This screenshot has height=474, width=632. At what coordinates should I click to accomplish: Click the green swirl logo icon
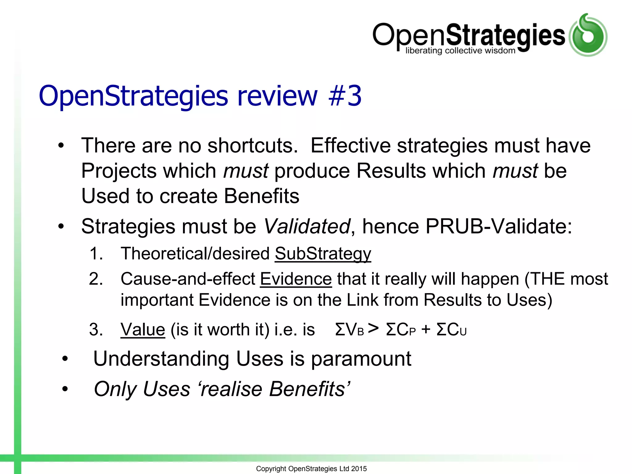(588, 35)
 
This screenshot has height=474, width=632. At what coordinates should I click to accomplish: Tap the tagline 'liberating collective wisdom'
(460, 51)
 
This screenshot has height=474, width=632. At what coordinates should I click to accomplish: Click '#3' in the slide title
(345, 96)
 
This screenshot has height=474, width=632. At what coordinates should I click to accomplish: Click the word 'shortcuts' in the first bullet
(252, 146)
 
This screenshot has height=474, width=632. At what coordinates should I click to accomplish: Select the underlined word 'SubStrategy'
(323, 254)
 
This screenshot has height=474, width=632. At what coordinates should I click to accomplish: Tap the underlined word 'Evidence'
(296, 279)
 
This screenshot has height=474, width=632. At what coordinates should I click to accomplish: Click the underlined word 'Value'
(143, 330)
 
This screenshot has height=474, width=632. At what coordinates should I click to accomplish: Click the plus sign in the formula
(426, 329)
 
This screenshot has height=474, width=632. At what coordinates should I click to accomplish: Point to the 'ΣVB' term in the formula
(349, 330)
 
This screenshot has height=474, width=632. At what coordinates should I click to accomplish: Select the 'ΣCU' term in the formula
(451, 330)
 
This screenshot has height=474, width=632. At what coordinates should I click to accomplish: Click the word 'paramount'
(361, 359)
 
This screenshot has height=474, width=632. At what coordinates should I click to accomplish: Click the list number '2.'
(96, 279)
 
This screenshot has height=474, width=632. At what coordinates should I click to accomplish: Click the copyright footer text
(311, 469)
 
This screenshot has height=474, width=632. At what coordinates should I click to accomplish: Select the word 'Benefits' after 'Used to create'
(261, 196)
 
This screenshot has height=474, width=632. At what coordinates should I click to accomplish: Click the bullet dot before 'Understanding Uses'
(64, 359)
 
